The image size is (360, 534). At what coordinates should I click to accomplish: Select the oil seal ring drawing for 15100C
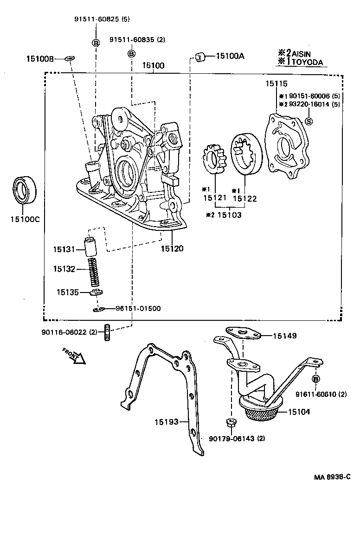point(24,190)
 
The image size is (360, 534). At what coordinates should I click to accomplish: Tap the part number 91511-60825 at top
point(96,19)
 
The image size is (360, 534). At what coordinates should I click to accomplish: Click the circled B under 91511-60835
point(132,54)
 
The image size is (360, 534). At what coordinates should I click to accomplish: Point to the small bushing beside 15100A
point(201,57)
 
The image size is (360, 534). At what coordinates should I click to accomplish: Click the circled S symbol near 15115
point(309,121)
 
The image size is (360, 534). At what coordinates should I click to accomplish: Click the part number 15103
point(229,215)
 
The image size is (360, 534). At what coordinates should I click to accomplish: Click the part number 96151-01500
point(138,309)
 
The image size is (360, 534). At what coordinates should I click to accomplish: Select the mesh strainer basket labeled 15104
point(261,409)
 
